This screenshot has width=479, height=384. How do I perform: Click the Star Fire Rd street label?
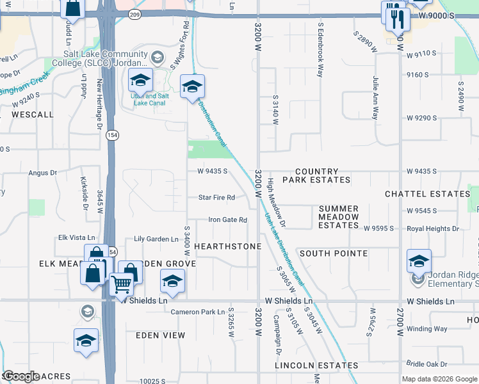click(216, 198)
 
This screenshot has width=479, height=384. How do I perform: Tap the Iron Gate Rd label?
click(227, 220)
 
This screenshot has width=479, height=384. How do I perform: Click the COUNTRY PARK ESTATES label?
click(316, 176)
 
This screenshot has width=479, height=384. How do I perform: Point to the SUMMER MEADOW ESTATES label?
click(339, 217)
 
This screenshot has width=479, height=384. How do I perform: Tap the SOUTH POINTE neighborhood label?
click(333, 253)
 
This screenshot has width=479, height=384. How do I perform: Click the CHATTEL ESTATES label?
click(427, 194)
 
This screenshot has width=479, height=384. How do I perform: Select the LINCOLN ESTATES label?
click(316, 365)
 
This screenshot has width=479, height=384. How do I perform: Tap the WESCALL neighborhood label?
click(33, 115)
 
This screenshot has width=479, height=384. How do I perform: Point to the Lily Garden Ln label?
click(156, 239)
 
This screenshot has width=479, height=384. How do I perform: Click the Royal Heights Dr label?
click(434, 228)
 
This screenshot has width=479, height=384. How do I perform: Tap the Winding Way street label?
click(427, 329)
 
